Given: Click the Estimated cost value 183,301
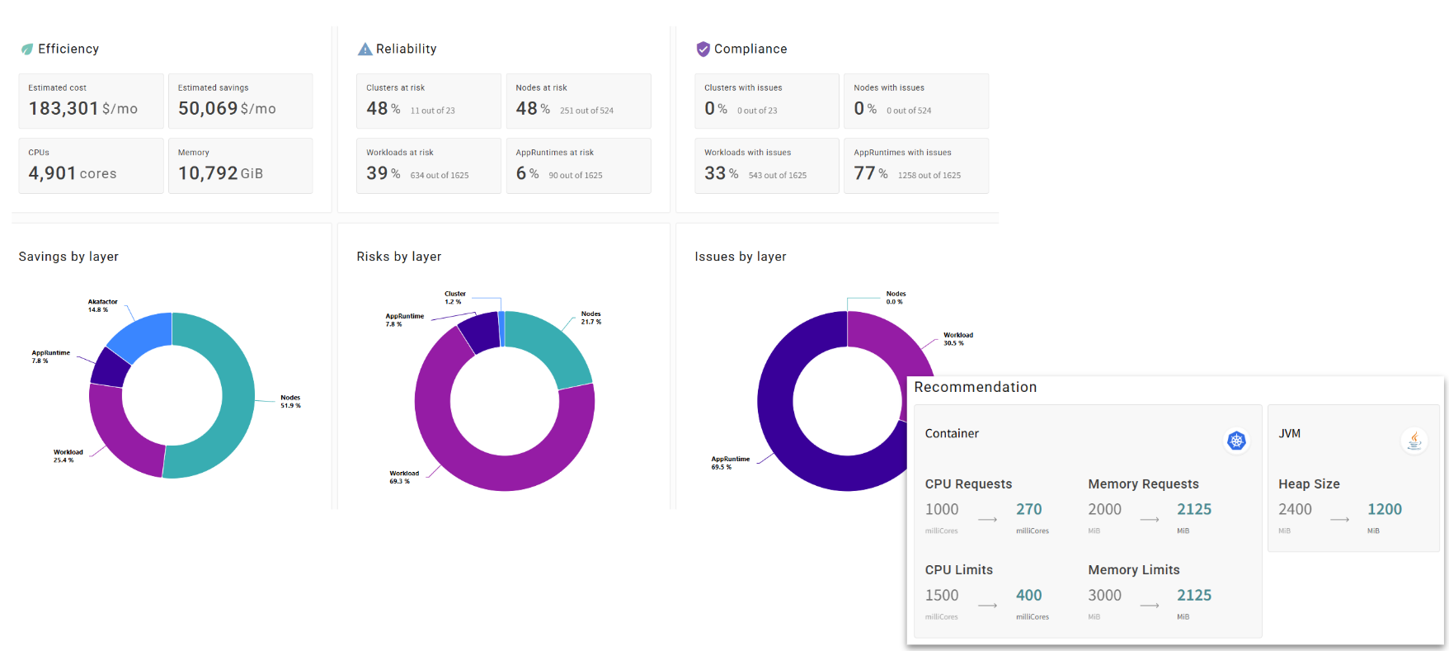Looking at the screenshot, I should click(64, 108).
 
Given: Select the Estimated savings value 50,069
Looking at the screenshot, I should click(208, 108).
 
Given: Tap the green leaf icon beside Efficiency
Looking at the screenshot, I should click(27, 50).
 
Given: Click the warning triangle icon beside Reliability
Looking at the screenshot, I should click(365, 50).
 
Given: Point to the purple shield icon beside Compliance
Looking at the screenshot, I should click(703, 50).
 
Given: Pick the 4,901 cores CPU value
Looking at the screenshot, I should click(72, 173).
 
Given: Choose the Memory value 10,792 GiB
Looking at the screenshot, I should click(220, 173).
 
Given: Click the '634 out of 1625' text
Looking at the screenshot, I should click(440, 175).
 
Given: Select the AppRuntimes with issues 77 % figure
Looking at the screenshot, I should click(870, 173).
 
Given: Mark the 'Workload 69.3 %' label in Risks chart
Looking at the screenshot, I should click(404, 477).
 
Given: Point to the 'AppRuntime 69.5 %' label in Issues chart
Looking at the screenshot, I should click(730, 463).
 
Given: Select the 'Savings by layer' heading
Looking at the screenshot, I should click(68, 257).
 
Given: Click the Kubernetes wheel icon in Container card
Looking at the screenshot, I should click(1235, 441).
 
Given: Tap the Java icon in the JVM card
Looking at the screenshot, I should click(1414, 441).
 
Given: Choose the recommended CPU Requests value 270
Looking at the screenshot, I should click(1028, 509).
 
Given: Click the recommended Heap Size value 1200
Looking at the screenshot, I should click(1384, 509).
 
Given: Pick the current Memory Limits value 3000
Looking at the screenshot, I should click(1104, 595).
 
